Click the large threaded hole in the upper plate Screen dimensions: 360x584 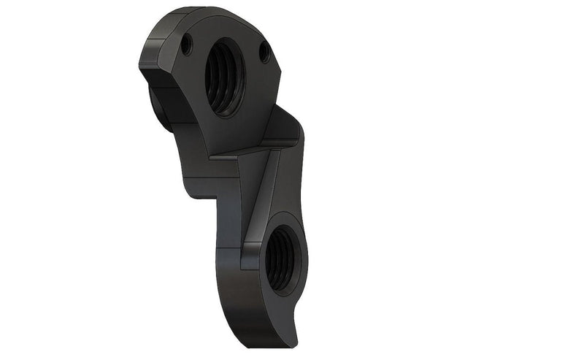click(x=223, y=76)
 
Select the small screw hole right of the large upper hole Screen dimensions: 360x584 click(x=265, y=52)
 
